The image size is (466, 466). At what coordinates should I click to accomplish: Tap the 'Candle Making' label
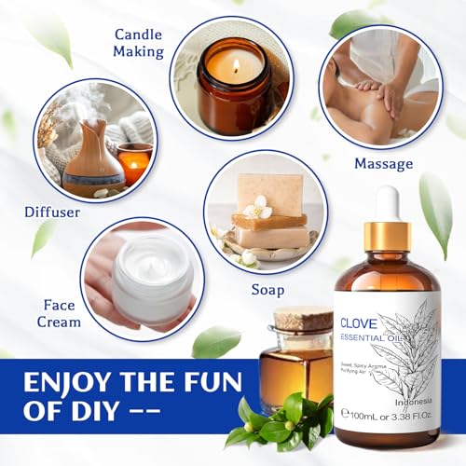(x=138, y=43)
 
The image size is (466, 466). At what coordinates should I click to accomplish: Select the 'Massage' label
(x=383, y=164)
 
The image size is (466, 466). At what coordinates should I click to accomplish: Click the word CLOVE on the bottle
(x=358, y=326)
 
